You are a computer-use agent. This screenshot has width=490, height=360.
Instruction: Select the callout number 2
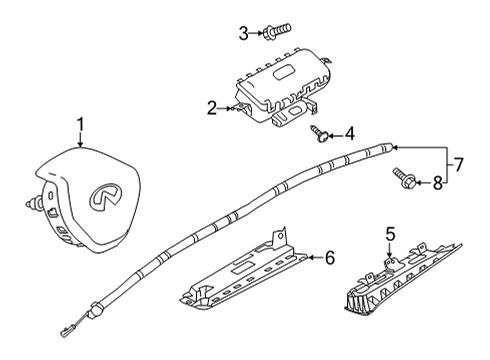point(212,107)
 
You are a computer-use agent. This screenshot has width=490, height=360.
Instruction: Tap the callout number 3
point(243,34)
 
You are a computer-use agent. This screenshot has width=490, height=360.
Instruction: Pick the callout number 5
point(391,235)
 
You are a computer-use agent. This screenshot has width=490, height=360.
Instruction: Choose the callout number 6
point(330,258)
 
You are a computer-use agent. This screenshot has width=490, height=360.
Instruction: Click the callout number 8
point(437,182)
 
